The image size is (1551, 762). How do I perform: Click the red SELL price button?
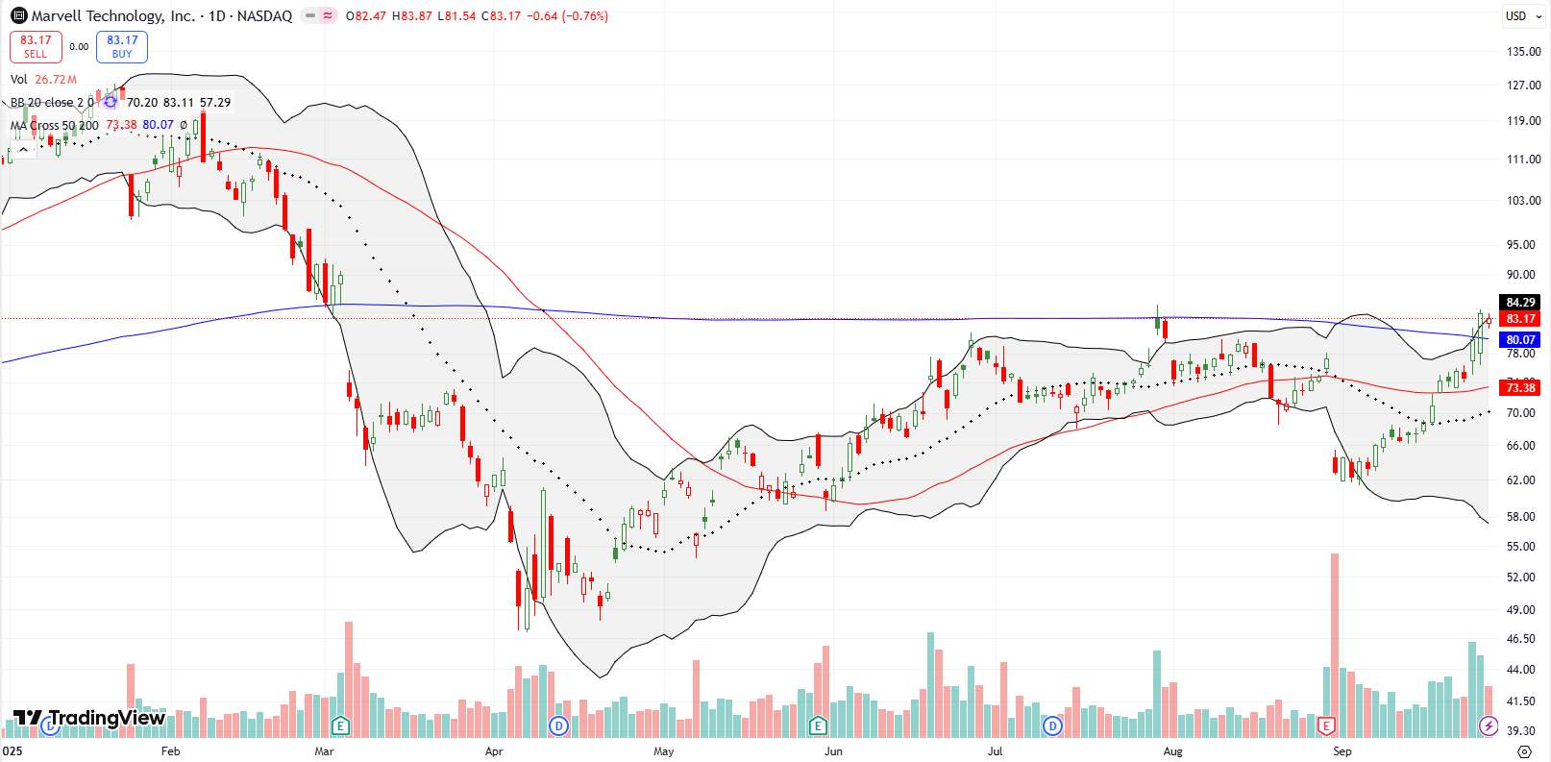[x=36, y=46]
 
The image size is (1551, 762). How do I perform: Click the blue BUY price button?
[x=122, y=46]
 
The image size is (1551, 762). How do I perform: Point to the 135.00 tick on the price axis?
[x=1523, y=52]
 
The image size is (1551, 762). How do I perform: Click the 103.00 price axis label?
[x=1523, y=201]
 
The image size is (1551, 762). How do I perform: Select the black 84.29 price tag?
[x=1520, y=303]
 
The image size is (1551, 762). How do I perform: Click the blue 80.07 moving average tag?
[x=1520, y=340]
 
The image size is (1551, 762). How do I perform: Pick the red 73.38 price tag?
[x=1520, y=388]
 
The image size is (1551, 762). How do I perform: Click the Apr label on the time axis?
[x=494, y=751]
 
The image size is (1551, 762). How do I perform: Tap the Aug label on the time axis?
[x=1172, y=751]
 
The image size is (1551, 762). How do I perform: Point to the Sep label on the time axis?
[x=1342, y=751]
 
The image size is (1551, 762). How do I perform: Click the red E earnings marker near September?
[x=1327, y=725]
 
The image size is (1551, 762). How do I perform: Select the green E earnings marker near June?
[x=818, y=725]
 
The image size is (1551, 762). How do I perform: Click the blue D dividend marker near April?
[x=558, y=725]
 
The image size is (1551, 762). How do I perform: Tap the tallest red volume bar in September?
[x=1335, y=644]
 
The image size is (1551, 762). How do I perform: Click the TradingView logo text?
[x=106, y=718]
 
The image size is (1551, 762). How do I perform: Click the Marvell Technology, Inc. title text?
[x=113, y=15]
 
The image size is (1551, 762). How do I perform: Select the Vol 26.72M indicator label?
[x=43, y=80]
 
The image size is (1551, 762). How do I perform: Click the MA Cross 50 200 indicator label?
[x=55, y=125]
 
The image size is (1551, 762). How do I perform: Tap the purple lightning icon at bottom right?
[x=1489, y=725]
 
